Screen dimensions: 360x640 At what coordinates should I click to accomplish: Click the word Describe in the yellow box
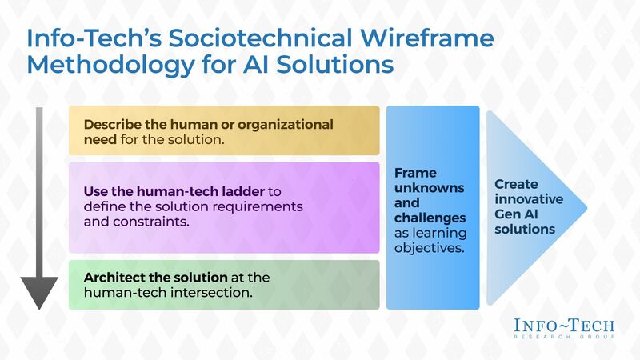pyautogui.click(x=114, y=125)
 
